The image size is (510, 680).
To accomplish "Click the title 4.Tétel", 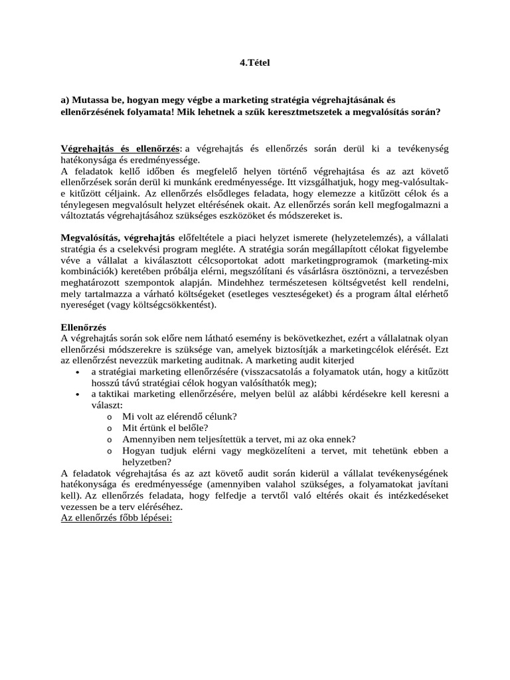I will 255,62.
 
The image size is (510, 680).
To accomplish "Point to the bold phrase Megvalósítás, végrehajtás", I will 118,237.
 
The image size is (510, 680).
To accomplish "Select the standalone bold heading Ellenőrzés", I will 84,327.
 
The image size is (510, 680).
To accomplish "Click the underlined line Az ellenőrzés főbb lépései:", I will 116,517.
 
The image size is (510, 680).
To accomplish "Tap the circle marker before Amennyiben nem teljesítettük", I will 108,439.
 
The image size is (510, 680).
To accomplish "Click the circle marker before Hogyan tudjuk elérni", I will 108,451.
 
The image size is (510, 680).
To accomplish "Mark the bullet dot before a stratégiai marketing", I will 79,371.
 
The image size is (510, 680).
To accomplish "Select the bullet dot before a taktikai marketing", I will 79,394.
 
